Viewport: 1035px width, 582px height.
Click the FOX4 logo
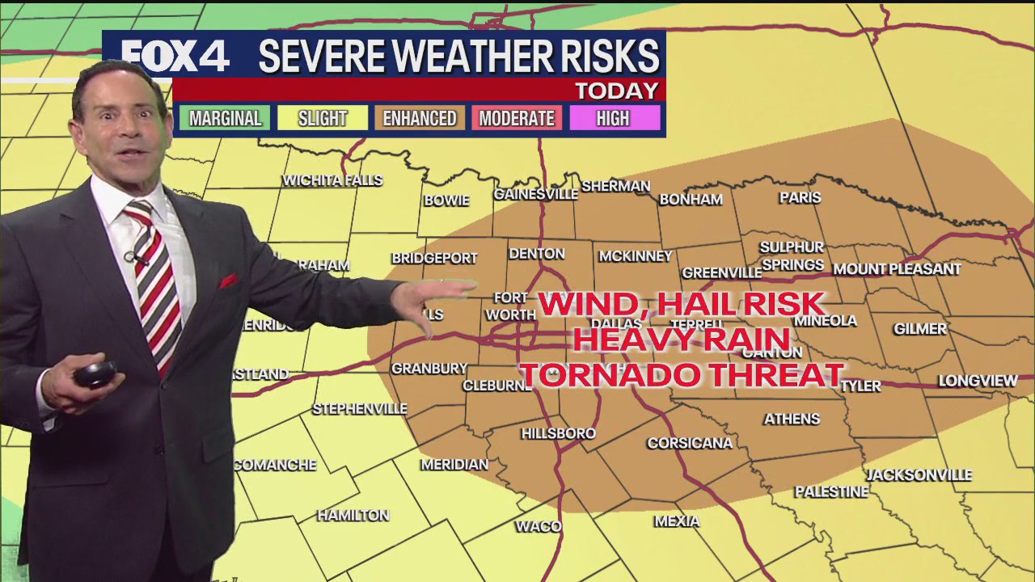tap(175, 56)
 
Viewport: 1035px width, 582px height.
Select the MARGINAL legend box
tap(225, 118)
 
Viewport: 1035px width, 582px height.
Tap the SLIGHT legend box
tap(323, 118)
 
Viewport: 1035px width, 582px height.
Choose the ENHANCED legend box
tap(420, 118)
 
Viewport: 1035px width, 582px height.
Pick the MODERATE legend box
tap(517, 118)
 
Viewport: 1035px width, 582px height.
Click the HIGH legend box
tap(613, 118)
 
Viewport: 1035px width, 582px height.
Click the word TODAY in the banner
tap(616, 91)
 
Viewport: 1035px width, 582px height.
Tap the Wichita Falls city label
tap(332, 180)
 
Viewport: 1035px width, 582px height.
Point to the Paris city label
tap(800, 197)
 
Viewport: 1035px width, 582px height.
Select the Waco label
tap(539, 527)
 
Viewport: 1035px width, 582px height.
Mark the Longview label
tap(978, 381)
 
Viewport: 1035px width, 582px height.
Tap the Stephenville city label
tap(360, 409)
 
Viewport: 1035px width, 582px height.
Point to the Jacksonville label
tap(919, 475)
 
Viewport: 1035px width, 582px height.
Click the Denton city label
tap(537, 254)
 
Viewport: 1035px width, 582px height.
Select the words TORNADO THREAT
tap(682, 374)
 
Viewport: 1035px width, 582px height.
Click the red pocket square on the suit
tap(228, 281)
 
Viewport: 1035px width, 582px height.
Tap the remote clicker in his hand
tap(95, 373)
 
